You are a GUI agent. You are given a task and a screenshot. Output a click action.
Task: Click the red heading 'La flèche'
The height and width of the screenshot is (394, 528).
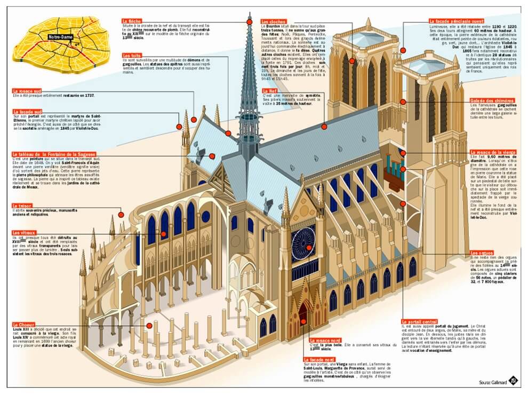click(131, 22)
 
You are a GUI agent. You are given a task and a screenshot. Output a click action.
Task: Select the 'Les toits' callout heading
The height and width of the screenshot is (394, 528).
click(131, 56)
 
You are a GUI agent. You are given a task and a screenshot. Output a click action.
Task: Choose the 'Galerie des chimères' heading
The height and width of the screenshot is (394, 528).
click(491, 100)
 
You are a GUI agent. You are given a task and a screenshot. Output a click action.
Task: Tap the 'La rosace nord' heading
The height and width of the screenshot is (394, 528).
click(325, 341)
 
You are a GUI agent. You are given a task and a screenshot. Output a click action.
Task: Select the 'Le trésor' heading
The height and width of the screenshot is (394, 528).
click(21, 206)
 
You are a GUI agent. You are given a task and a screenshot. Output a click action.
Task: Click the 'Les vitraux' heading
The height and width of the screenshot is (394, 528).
click(23, 233)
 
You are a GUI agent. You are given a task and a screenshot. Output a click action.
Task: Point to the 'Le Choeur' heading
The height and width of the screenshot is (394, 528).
click(23, 324)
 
